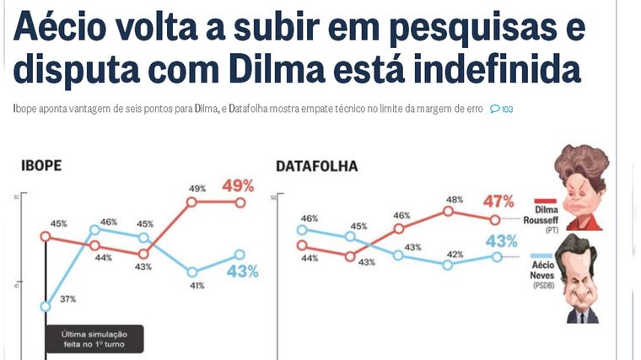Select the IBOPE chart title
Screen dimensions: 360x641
41,166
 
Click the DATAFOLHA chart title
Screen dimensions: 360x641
316,166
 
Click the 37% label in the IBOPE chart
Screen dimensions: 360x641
68,298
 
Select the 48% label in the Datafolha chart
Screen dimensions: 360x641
454,200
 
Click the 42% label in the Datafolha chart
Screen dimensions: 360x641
455,254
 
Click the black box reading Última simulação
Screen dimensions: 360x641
94,339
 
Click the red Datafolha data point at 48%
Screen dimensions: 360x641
448,212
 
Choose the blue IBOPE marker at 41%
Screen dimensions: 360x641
192,271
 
